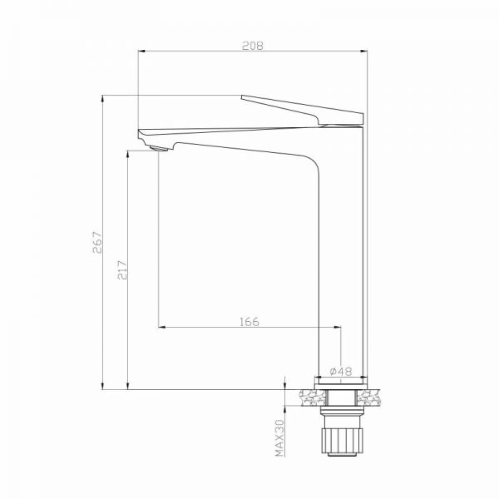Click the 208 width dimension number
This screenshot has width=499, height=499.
(x=254, y=47)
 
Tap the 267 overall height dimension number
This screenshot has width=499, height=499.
(x=97, y=242)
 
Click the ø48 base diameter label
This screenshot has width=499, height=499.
(x=339, y=371)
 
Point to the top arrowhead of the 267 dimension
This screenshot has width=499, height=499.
(x=102, y=98)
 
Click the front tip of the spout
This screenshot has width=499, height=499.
(x=140, y=131)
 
